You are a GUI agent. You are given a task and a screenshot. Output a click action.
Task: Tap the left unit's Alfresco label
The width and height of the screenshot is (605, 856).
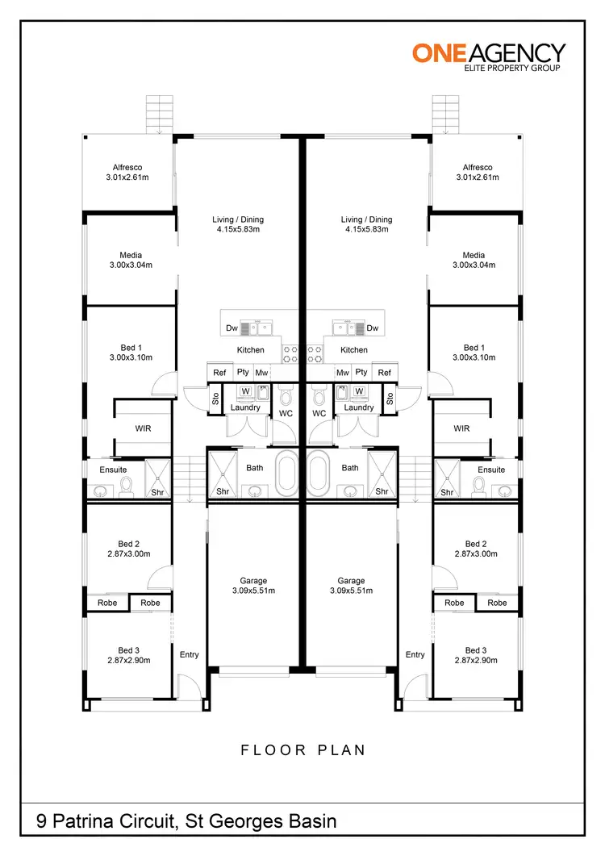coord(129,167)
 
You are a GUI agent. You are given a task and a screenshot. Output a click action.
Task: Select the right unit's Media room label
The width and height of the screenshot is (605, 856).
coord(474,255)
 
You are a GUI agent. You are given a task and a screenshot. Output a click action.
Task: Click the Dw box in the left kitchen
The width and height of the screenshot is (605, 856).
coord(232,328)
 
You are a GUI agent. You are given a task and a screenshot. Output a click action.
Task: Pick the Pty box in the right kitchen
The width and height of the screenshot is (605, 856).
coord(362,372)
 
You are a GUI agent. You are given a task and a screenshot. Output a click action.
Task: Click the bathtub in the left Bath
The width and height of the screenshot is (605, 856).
coord(288,474)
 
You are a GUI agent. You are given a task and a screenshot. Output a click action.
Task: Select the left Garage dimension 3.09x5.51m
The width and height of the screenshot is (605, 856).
coord(253,591)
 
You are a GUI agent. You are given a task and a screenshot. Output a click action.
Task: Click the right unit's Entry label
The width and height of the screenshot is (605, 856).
coord(415,654)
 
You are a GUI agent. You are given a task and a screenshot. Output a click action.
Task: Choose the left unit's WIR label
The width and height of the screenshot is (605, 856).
coord(143,428)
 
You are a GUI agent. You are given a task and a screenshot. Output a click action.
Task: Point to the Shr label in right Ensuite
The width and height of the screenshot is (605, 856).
coord(446,492)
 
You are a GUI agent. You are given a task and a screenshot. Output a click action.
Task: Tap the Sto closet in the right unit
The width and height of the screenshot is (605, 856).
coord(390,399)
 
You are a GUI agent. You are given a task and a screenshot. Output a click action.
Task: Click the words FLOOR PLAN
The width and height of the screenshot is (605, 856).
coord(303,750)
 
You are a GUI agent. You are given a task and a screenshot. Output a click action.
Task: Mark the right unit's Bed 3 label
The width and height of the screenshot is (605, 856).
coord(476,650)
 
